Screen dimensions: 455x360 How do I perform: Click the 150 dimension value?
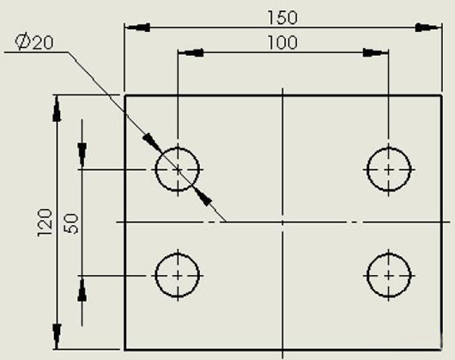[x=282, y=17]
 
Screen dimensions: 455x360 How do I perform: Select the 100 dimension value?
[x=282, y=43]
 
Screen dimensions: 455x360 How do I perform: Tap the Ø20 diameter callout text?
[x=34, y=42]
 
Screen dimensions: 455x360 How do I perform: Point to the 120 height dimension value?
[x=45, y=223]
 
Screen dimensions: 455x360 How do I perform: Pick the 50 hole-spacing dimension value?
[x=71, y=223]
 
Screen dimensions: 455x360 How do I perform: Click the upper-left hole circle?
[x=156, y=169]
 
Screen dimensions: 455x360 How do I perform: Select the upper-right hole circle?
[x=367, y=169]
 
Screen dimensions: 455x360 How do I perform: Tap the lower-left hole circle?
[x=156, y=276]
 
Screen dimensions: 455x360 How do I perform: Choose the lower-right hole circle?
[x=367, y=276]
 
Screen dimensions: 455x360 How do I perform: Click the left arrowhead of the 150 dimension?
[x=138, y=27]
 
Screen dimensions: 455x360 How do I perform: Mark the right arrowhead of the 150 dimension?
[x=428, y=27]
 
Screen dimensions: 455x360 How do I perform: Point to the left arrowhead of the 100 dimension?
[x=191, y=52]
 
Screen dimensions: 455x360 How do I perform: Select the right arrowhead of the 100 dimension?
[x=375, y=52]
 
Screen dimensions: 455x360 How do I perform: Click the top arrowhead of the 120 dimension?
[x=57, y=109]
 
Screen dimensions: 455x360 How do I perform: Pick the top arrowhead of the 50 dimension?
[x=82, y=156]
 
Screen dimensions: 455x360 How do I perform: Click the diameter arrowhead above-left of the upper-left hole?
[x=152, y=143]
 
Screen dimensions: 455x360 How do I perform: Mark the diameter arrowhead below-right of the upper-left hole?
[x=203, y=197]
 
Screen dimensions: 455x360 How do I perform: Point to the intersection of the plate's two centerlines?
[x=282, y=223]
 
